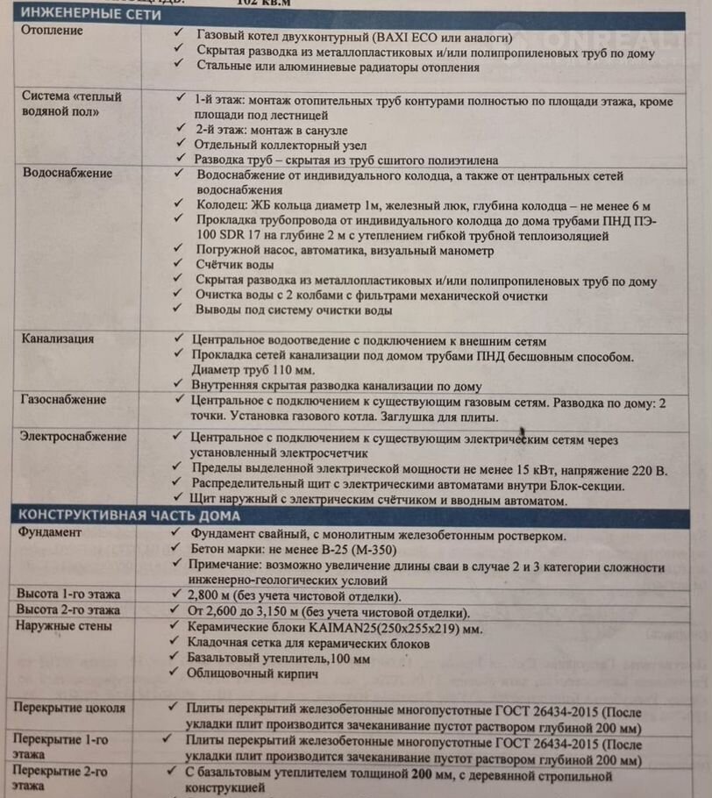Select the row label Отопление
click(x=52, y=32)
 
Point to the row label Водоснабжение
click(x=67, y=173)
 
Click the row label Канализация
click(x=57, y=338)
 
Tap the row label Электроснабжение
click(x=74, y=437)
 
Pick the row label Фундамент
click(x=49, y=532)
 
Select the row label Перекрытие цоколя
click(x=70, y=708)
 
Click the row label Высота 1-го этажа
click(x=68, y=594)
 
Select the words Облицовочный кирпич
click(x=253, y=674)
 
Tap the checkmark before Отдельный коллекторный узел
click(x=179, y=144)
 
